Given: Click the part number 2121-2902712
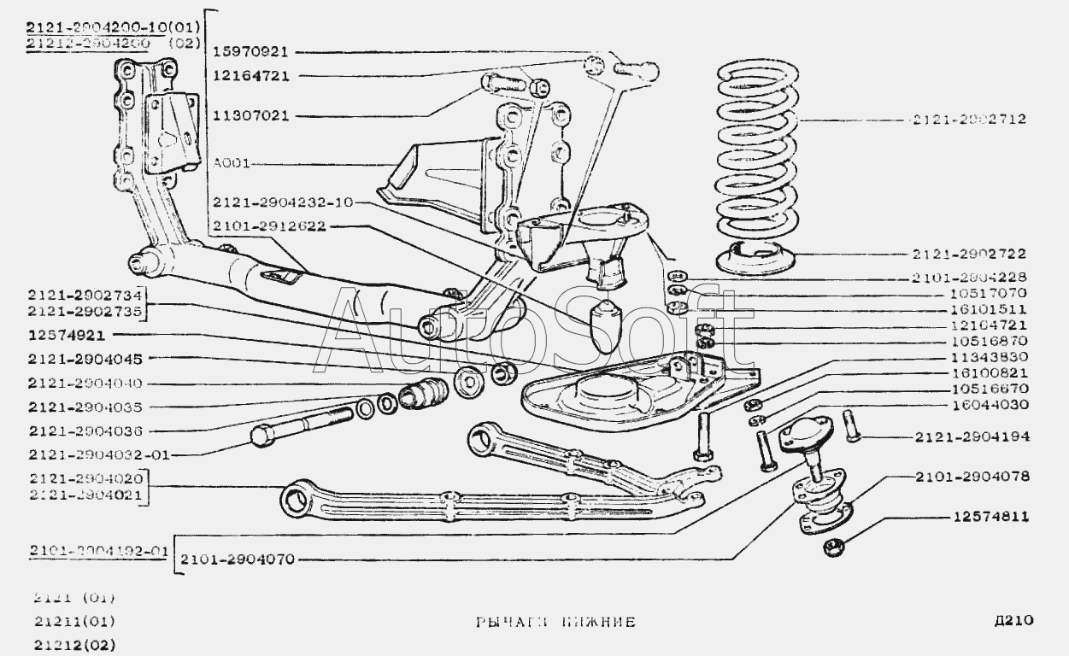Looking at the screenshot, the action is tap(979, 120).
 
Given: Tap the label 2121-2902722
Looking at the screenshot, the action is tap(979, 255).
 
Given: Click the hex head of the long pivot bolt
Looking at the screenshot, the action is tap(263, 436).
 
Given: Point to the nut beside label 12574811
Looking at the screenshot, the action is tap(834, 546).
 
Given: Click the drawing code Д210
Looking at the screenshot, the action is tap(1014, 621).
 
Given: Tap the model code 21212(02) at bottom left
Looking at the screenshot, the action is tap(75, 644).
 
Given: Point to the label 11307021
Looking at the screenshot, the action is tap(250, 114).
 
